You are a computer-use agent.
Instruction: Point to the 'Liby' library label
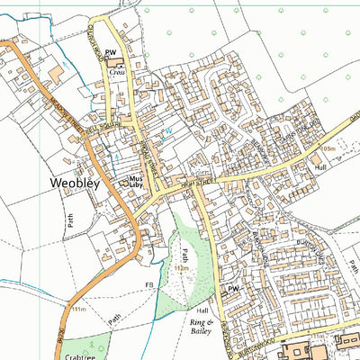[137, 188]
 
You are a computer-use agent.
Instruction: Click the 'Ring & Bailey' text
[202, 326]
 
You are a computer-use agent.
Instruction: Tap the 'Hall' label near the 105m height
[320, 167]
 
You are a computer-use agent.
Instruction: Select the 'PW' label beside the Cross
[111, 54]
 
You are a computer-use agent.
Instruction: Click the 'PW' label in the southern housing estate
[233, 289]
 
